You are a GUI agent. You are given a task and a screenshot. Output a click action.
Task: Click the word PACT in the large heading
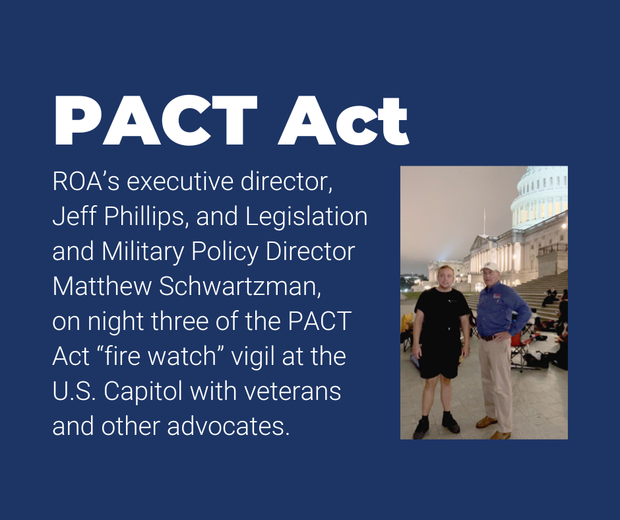(156, 121)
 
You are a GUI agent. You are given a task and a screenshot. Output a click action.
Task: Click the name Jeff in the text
(68, 216)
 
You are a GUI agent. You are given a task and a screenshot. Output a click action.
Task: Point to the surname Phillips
(142, 216)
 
